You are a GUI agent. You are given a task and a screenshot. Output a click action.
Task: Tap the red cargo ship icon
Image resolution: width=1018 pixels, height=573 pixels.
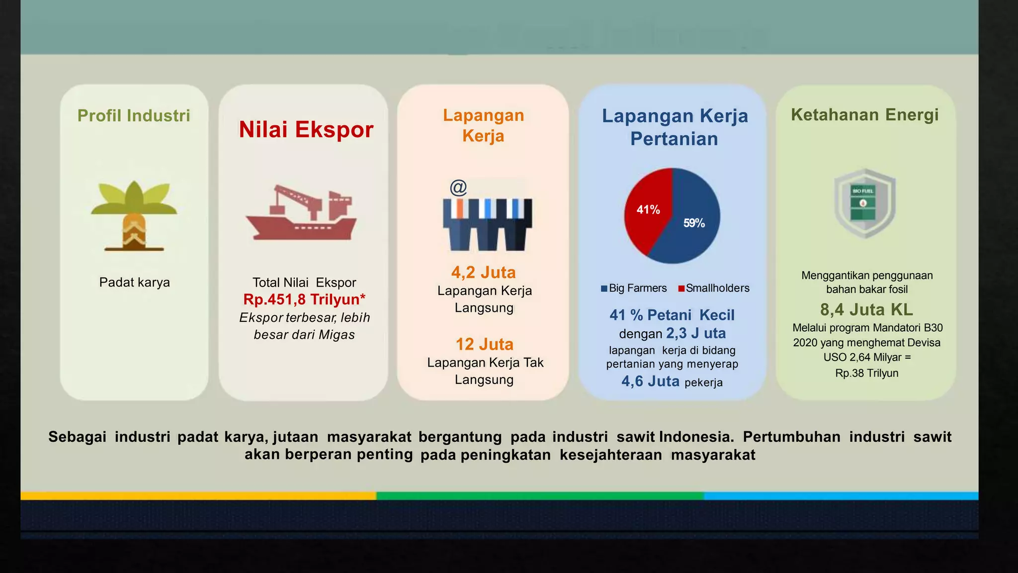(x=301, y=214)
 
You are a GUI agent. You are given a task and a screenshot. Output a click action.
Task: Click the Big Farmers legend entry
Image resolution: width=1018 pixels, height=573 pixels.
(x=634, y=288)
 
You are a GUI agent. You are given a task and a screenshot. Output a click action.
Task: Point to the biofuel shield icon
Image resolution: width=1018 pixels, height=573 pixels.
(x=864, y=203)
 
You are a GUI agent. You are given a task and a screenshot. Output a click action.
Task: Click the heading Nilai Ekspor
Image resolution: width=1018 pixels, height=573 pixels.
(x=306, y=129)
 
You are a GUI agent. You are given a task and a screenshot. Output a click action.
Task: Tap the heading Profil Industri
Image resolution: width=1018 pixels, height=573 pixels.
(x=134, y=115)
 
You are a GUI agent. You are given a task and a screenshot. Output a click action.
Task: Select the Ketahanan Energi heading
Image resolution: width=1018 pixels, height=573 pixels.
(x=864, y=114)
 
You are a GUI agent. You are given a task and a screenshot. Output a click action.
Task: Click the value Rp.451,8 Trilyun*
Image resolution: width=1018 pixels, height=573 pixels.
(x=304, y=299)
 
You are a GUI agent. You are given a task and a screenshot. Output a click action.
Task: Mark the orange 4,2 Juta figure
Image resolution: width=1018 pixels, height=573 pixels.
(x=483, y=272)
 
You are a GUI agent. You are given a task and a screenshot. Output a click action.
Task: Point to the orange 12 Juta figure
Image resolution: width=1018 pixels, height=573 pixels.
(x=484, y=344)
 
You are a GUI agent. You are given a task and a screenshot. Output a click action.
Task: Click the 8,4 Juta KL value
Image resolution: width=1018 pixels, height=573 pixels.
(x=866, y=309)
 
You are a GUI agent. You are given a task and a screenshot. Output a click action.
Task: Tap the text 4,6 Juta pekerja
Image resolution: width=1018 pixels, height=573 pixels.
(x=672, y=382)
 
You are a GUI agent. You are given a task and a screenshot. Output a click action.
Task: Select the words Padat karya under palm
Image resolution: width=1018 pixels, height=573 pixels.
(x=134, y=282)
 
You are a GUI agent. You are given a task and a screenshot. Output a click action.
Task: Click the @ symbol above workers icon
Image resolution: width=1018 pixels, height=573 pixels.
(x=458, y=188)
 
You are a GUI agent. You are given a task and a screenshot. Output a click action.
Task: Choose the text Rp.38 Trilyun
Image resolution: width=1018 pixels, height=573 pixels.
(x=866, y=373)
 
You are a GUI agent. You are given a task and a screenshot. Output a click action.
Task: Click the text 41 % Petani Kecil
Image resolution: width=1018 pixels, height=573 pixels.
(x=672, y=315)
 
